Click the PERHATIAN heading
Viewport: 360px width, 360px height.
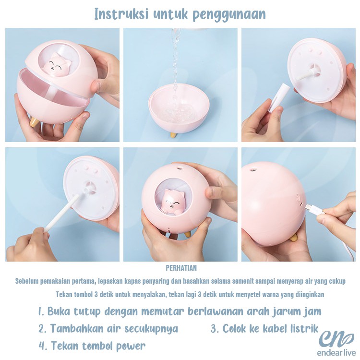click(x=180, y=268)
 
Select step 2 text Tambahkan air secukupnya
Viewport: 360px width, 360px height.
click(x=108, y=329)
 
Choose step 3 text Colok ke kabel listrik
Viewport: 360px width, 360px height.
click(x=264, y=329)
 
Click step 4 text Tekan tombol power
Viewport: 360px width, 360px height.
click(x=92, y=346)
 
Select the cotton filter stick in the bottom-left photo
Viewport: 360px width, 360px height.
click(x=62, y=214)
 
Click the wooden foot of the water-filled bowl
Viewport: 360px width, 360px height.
click(x=172, y=134)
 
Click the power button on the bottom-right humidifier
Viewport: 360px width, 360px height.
click(x=298, y=198)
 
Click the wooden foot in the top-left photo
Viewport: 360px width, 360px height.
click(x=34, y=122)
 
